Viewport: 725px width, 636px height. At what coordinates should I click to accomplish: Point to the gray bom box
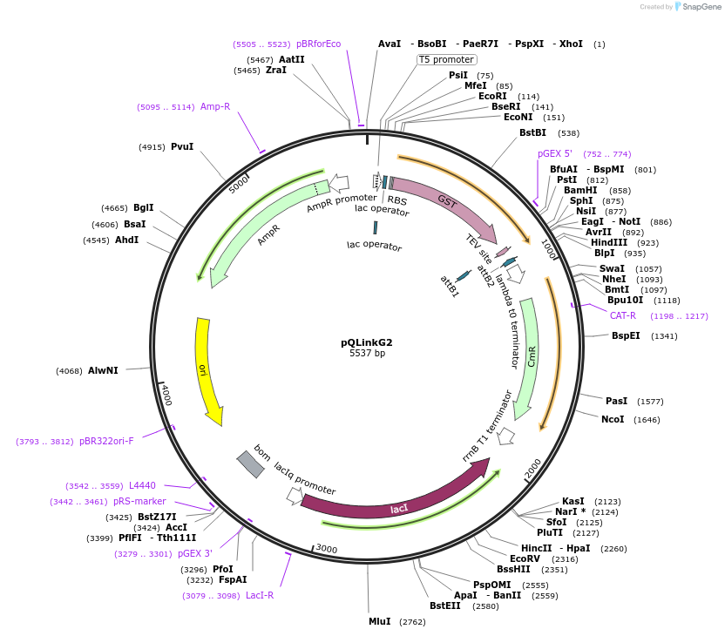pos(250,463)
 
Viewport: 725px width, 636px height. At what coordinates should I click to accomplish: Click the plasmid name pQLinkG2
pos(366,342)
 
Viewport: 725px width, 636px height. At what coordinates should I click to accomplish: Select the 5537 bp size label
pos(367,354)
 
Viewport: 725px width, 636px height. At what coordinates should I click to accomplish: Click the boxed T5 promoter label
pos(446,60)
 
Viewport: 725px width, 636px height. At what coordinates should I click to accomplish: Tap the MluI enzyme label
pos(379,621)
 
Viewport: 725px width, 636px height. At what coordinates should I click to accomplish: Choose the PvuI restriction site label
pos(182,147)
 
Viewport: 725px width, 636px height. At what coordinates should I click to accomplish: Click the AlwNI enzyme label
pos(103,370)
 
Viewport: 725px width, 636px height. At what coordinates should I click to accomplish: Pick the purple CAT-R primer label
pos(622,315)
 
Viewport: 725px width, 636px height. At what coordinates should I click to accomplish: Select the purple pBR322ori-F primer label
pos(106,441)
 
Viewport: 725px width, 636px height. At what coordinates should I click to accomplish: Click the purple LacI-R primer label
pos(260,595)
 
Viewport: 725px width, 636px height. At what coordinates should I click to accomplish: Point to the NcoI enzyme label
pos(613,419)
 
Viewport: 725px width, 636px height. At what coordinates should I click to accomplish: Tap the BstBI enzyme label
pos(532,132)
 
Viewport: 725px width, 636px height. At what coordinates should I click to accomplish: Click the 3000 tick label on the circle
pos(326,549)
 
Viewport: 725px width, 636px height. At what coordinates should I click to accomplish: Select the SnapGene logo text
pos(700,7)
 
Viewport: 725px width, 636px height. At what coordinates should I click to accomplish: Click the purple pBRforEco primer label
pos(318,44)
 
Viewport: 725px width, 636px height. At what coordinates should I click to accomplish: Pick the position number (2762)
pos(412,622)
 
